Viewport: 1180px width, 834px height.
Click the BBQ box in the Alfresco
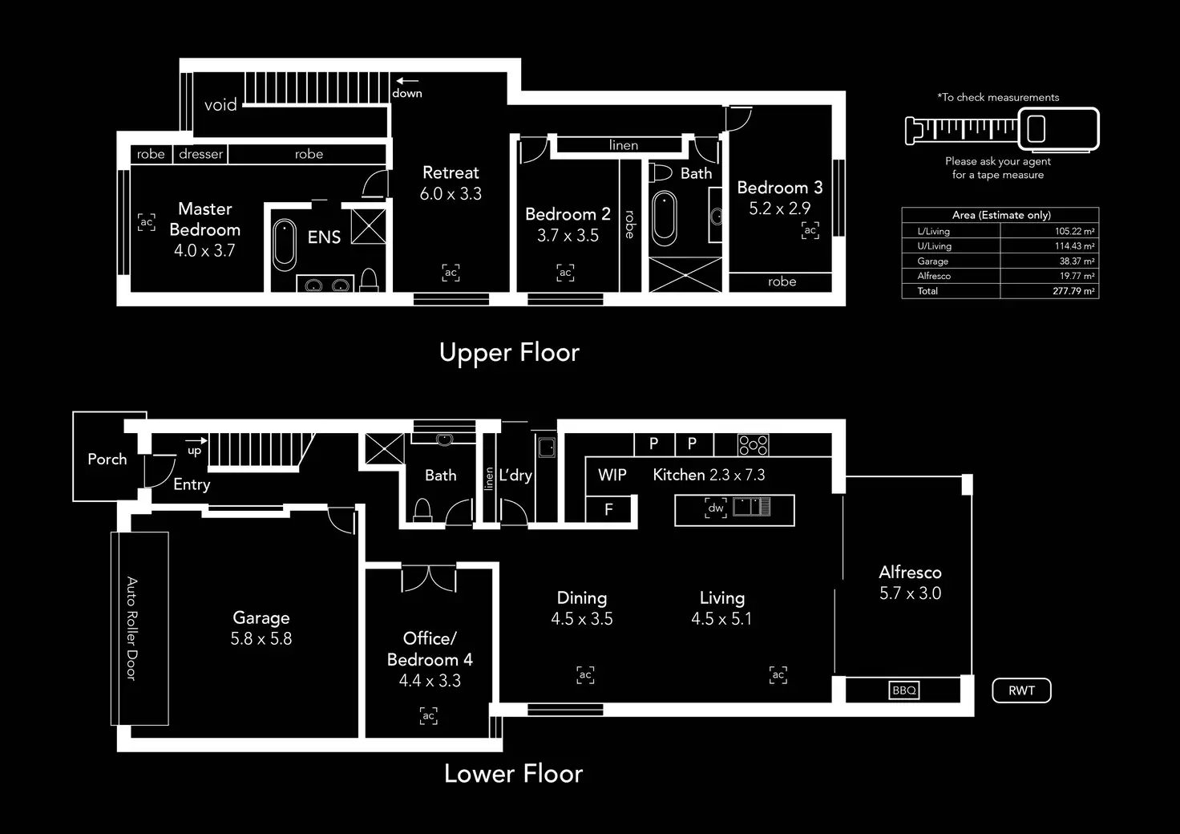904,690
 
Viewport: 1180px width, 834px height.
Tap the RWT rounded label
1021,690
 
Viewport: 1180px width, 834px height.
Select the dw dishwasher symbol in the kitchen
716,508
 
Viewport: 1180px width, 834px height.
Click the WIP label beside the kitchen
612,475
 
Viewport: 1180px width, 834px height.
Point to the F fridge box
608,509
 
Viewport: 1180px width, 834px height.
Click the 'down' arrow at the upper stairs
406,81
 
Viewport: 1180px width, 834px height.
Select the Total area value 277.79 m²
1073,291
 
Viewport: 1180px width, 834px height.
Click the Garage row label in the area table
932,261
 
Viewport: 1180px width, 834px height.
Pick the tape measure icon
1001,128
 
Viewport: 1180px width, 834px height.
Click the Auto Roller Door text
132,629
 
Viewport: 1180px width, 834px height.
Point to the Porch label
107,460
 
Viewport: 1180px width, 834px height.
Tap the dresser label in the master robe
200,154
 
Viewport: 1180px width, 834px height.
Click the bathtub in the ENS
285,245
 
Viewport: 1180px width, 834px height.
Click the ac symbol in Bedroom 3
810,231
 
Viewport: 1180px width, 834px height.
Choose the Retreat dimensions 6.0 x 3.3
451,194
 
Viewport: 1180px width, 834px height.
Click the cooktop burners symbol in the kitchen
753,444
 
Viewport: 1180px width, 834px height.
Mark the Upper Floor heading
509,353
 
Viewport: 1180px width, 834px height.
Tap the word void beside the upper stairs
220,105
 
